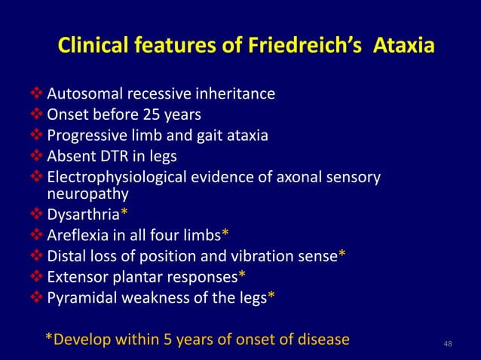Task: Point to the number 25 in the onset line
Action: tap(149, 115)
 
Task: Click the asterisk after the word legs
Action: tap(271, 295)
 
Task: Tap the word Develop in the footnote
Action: tap(82, 339)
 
